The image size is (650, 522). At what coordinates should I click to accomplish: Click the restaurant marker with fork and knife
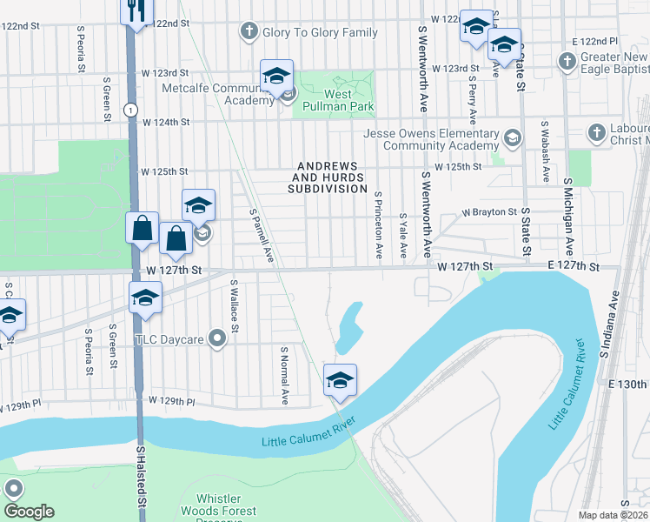[136, 11]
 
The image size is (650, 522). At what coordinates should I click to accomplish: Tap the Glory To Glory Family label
[321, 32]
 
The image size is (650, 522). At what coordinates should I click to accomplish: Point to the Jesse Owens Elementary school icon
[513, 137]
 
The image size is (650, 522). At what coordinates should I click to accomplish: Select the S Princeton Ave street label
[379, 225]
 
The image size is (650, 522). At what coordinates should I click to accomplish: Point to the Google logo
[29, 512]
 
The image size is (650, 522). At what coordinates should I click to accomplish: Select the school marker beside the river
[340, 380]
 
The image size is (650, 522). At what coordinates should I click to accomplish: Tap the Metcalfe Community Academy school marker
[276, 77]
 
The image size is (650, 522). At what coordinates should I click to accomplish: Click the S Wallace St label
[235, 305]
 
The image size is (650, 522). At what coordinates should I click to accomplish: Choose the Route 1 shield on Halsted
[129, 109]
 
